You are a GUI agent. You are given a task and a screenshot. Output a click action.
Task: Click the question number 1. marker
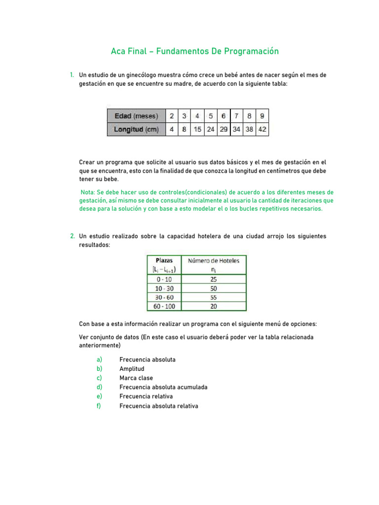point(72,75)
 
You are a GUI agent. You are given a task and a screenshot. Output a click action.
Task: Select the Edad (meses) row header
point(136,116)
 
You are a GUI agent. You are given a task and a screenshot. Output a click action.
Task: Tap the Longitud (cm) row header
point(136,129)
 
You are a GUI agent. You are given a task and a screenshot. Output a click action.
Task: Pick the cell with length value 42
point(262,129)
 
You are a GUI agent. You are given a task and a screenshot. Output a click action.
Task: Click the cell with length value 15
point(197,129)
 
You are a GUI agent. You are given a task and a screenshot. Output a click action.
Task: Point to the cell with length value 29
point(224,129)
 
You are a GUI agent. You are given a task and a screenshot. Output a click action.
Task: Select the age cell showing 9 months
point(262,116)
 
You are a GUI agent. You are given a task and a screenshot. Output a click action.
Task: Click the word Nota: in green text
point(89,192)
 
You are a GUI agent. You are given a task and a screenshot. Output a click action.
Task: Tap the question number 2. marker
point(73,236)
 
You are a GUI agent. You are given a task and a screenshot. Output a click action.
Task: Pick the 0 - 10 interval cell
point(164,279)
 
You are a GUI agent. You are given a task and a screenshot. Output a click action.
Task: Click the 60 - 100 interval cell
point(164,306)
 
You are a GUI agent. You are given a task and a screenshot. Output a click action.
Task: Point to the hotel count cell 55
point(213,297)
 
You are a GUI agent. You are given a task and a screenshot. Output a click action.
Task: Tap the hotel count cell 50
point(213,288)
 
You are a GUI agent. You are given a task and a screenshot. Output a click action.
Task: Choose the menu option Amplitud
point(132,368)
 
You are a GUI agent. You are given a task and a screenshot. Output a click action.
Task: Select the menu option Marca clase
point(136,378)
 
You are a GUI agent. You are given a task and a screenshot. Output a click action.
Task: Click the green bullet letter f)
point(99,406)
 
